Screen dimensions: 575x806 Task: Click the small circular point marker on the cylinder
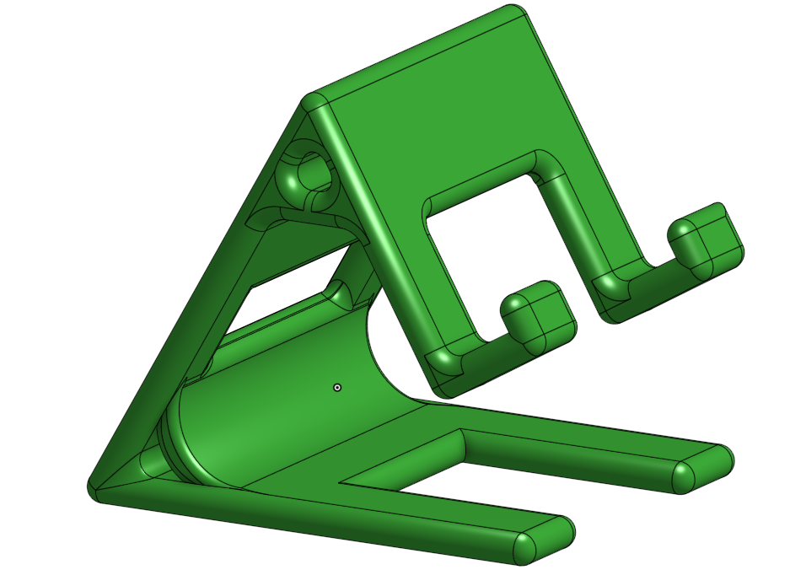pyautogui.click(x=337, y=387)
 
